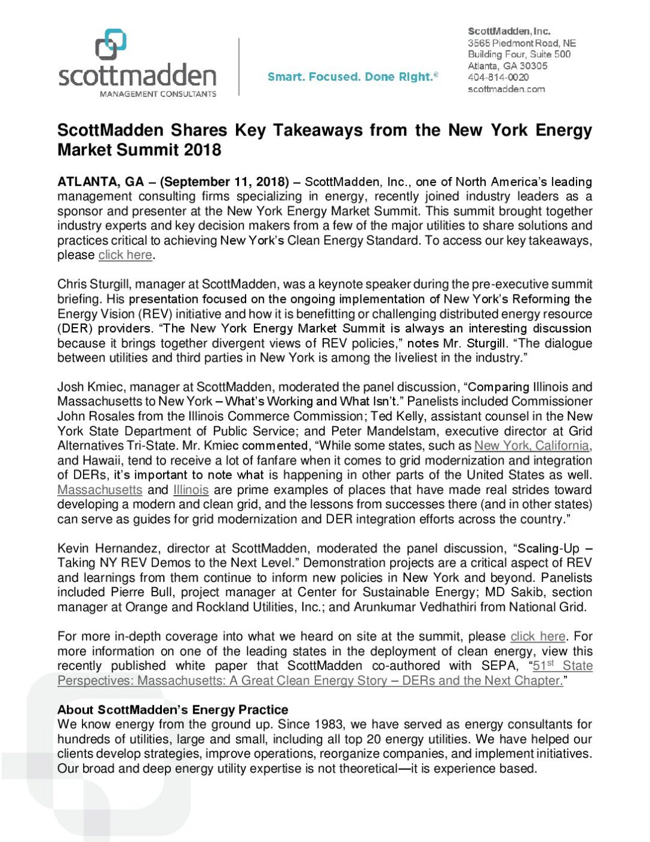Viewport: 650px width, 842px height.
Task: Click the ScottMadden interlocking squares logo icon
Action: point(111,45)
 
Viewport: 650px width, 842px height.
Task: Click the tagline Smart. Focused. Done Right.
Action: point(352,76)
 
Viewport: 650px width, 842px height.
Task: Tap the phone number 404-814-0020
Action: point(498,77)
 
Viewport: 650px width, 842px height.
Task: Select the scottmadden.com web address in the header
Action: point(506,89)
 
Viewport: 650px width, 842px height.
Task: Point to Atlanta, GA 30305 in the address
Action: point(507,66)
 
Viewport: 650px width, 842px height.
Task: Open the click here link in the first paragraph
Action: point(125,255)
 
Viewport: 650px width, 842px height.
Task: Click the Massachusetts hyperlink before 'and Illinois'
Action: point(100,490)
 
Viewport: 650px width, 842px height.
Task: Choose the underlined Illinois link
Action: point(191,490)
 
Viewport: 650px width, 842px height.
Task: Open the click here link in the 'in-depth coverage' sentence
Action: point(537,637)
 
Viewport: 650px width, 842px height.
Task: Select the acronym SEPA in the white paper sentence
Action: point(499,666)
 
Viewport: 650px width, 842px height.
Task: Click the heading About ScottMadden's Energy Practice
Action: point(173,710)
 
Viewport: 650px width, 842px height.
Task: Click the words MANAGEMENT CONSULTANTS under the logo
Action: point(158,94)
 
